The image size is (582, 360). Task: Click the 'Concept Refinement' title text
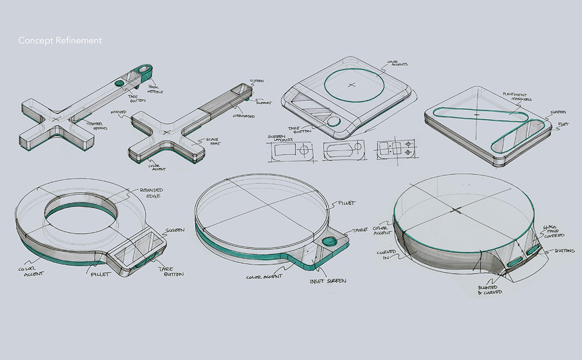coord(60,40)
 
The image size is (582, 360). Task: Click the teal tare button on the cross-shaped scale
coord(120,83)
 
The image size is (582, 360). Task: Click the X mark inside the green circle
coord(351,85)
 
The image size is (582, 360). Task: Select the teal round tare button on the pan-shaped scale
coord(329,242)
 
